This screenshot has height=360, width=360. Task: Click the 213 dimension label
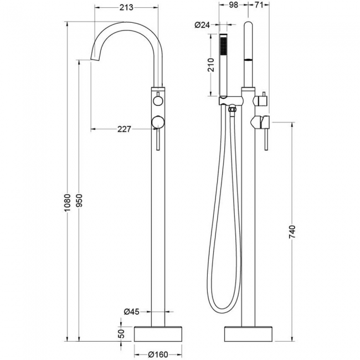click(126, 8)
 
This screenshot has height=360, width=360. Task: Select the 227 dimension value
click(124, 129)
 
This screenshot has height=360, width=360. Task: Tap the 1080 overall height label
click(67, 203)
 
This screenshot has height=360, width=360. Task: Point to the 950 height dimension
click(79, 200)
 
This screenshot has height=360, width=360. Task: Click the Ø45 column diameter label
click(132, 312)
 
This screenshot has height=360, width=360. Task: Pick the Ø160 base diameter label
click(158, 354)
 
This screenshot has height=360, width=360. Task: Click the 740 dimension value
click(292, 232)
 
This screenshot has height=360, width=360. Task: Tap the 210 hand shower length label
click(211, 65)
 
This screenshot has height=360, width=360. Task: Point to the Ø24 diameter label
click(202, 24)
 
